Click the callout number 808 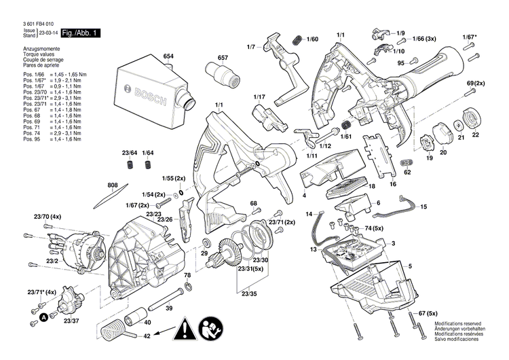(x=112, y=185)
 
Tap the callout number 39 (x=169, y=307)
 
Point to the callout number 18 (x=371, y=185)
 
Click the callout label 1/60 (x=312, y=39)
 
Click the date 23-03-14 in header (x=47, y=33)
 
